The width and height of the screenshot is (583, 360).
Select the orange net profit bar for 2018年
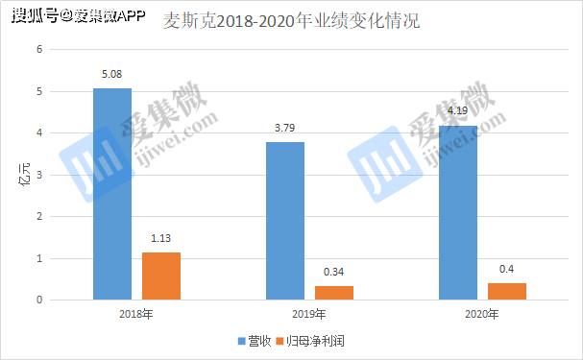(x=161, y=276)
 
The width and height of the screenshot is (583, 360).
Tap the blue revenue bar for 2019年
(x=284, y=221)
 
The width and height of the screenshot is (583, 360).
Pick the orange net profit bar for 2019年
(x=334, y=293)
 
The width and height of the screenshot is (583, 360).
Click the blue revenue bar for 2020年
(x=457, y=212)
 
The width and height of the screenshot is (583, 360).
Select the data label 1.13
(x=161, y=237)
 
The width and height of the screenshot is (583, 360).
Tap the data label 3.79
(x=284, y=125)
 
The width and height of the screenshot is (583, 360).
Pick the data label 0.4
(x=507, y=268)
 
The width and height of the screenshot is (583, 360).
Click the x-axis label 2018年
(x=136, y=315)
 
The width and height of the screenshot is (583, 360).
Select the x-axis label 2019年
(x=309, y=315)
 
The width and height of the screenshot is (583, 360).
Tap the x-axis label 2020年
(x=482, y=315)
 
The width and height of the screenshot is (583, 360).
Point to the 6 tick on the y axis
(x=39, y=49)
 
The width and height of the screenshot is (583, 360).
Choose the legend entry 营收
(x=253, y=341)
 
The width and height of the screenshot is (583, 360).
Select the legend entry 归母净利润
(x=309, y=341)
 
